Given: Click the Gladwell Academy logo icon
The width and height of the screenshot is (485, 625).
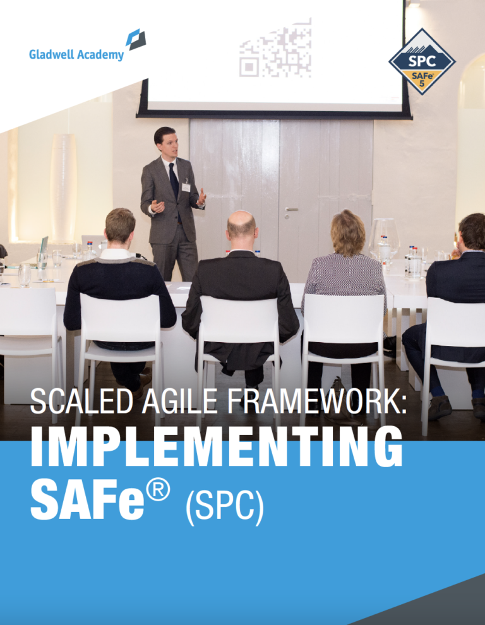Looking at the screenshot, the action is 136,40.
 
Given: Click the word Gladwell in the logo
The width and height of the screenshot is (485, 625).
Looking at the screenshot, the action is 51,54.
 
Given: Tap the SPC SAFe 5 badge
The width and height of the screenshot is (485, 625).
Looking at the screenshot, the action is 422,61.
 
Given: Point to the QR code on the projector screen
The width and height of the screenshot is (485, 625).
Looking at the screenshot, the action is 275,48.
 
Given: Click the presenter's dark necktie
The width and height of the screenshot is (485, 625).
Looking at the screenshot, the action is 174,181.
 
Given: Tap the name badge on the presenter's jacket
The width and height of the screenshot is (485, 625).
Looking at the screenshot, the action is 186,187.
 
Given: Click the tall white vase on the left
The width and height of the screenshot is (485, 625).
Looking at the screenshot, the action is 63,187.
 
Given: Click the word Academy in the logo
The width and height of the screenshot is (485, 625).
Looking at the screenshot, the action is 100,54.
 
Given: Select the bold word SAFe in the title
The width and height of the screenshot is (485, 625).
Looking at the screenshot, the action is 87,499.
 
